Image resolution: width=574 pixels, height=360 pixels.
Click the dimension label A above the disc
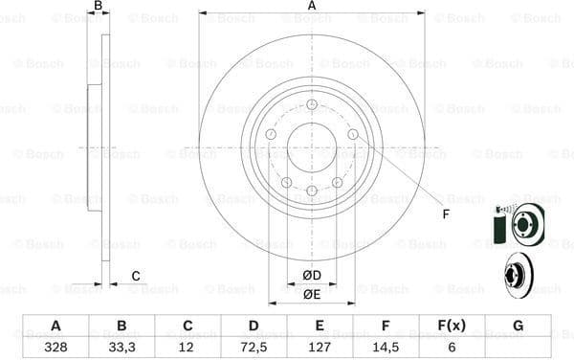tap(312, 7)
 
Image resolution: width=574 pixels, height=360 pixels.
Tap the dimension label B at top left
tap(97, 7)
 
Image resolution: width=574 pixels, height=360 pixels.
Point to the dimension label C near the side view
tap(135, 277)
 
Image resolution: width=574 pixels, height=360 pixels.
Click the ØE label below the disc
tap(312, 295)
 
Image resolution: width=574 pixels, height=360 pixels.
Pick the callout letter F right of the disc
tap(446, 214)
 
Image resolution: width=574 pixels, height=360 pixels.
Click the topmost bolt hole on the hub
tap(312, 105)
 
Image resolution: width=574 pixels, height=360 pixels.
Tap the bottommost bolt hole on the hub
tap(312, 191)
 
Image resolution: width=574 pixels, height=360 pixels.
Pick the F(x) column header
tap(453, 326)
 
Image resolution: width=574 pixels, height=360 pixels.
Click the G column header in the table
tap(518, 326)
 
